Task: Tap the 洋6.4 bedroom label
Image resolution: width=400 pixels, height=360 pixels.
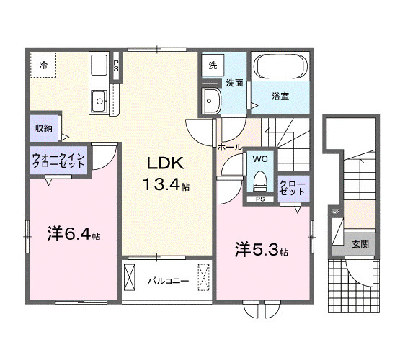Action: (x=74, y=234)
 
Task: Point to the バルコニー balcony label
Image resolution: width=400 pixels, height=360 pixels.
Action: (x=169, y=281)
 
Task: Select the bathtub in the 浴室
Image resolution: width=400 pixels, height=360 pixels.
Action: (x=280, y=70)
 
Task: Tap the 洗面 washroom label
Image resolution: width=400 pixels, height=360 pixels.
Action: (x=234, y=83)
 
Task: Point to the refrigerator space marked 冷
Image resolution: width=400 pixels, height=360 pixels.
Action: (x=43, y=66)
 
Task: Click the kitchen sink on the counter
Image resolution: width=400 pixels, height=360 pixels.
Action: (x=99, y=99)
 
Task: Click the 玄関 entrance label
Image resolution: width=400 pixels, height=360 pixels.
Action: (x=361, y=244)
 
